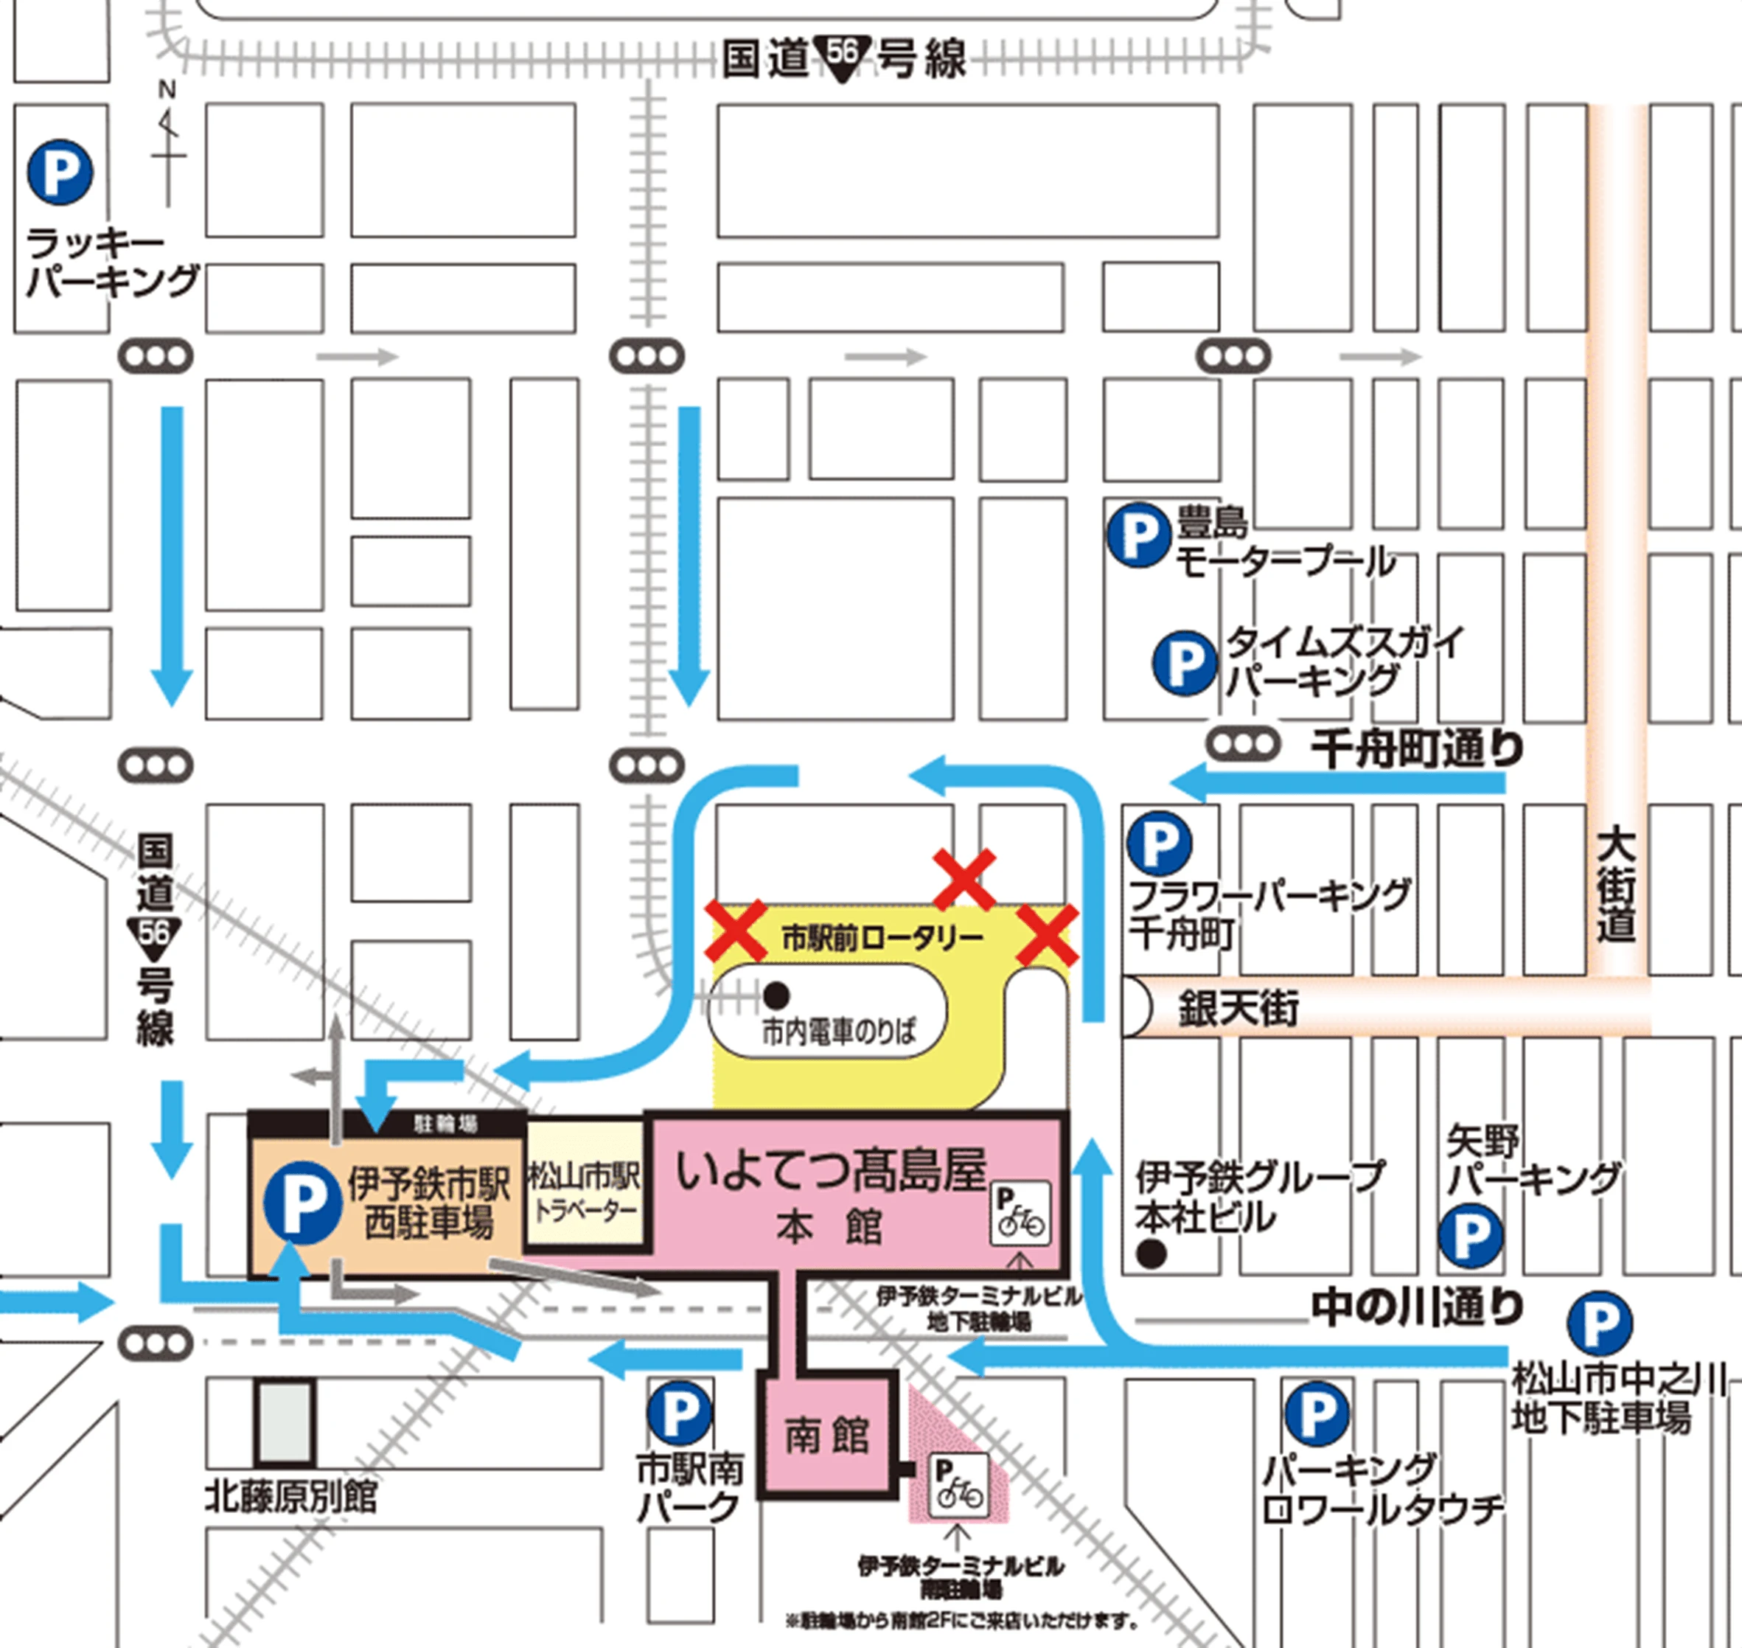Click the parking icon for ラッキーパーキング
pos(60,173)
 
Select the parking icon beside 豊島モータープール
pos(1137,534)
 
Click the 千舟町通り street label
pos(1417,749)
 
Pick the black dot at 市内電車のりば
pos(776,995)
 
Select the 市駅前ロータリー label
pos(881,938)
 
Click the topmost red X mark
pos(964,878)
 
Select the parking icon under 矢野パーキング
pos(1471,1237)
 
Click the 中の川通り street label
pos(1417,1307)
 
